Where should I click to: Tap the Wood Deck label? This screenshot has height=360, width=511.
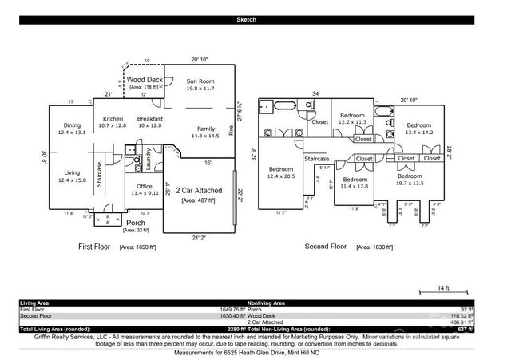click(145, 80)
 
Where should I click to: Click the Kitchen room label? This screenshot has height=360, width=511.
click(112, 117)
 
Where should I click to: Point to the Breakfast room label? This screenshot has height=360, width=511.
click(150, 117)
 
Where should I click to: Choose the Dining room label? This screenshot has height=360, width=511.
click(73, 125)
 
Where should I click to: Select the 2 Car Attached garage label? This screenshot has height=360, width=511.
click(198, 192)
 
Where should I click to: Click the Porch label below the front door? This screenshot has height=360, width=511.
click(135, 223)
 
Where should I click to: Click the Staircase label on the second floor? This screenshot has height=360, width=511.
click(316, 159)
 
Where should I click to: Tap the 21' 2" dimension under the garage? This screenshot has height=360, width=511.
click(199, 238)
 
